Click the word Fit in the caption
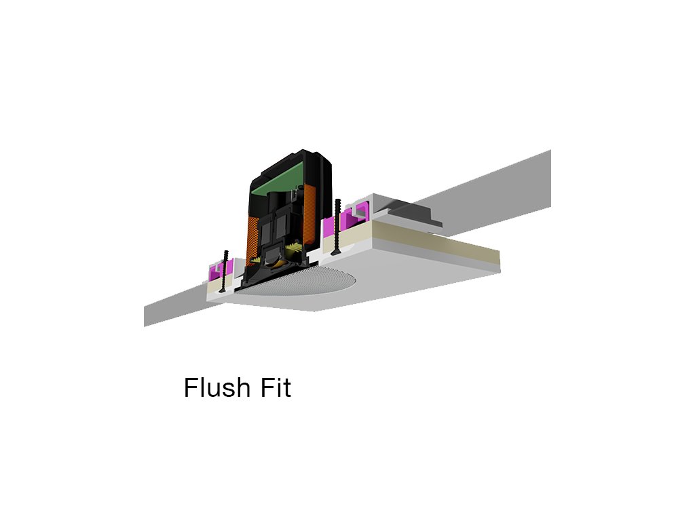[274, 388]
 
